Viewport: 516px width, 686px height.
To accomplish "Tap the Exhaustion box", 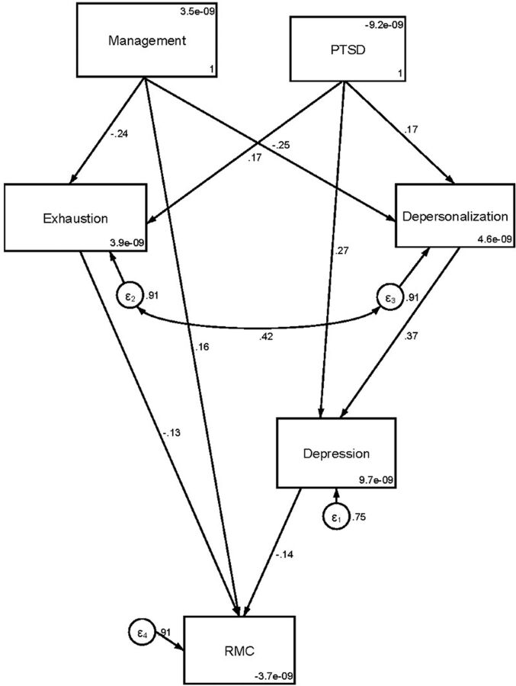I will (x=76, y=216).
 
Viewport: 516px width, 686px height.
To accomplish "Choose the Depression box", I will (x=336, y=453).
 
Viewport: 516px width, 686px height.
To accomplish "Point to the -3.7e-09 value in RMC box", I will (x=274, y=675).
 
